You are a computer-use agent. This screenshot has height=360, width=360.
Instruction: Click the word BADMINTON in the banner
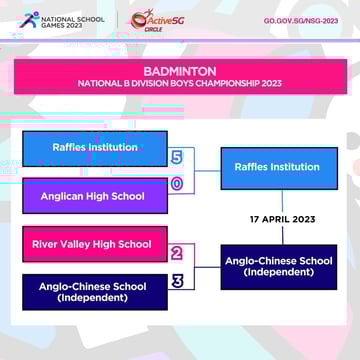tap(180, 72)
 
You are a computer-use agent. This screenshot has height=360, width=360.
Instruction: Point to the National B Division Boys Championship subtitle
tap(180, 84)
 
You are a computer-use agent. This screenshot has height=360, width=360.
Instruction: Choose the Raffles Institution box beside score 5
tap(96, 148)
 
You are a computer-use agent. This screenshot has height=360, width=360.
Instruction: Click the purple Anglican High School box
tap(96, 196)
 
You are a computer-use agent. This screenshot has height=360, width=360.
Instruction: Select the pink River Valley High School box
tap(96, 244)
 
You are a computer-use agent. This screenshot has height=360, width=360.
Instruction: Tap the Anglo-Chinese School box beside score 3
tap(96, 292)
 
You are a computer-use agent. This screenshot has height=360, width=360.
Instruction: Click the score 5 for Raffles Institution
tap(177, 158)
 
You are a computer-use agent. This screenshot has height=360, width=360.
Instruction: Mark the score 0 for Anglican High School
tap(177, 184)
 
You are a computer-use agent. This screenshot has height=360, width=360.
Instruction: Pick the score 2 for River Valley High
tap(177, 254)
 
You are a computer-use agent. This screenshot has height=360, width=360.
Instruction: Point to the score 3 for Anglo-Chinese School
tap(177, 281)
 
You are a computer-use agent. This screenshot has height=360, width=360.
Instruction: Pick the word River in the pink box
tap(46, 244)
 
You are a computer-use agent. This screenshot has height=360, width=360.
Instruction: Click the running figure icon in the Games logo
tap(26, 20)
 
